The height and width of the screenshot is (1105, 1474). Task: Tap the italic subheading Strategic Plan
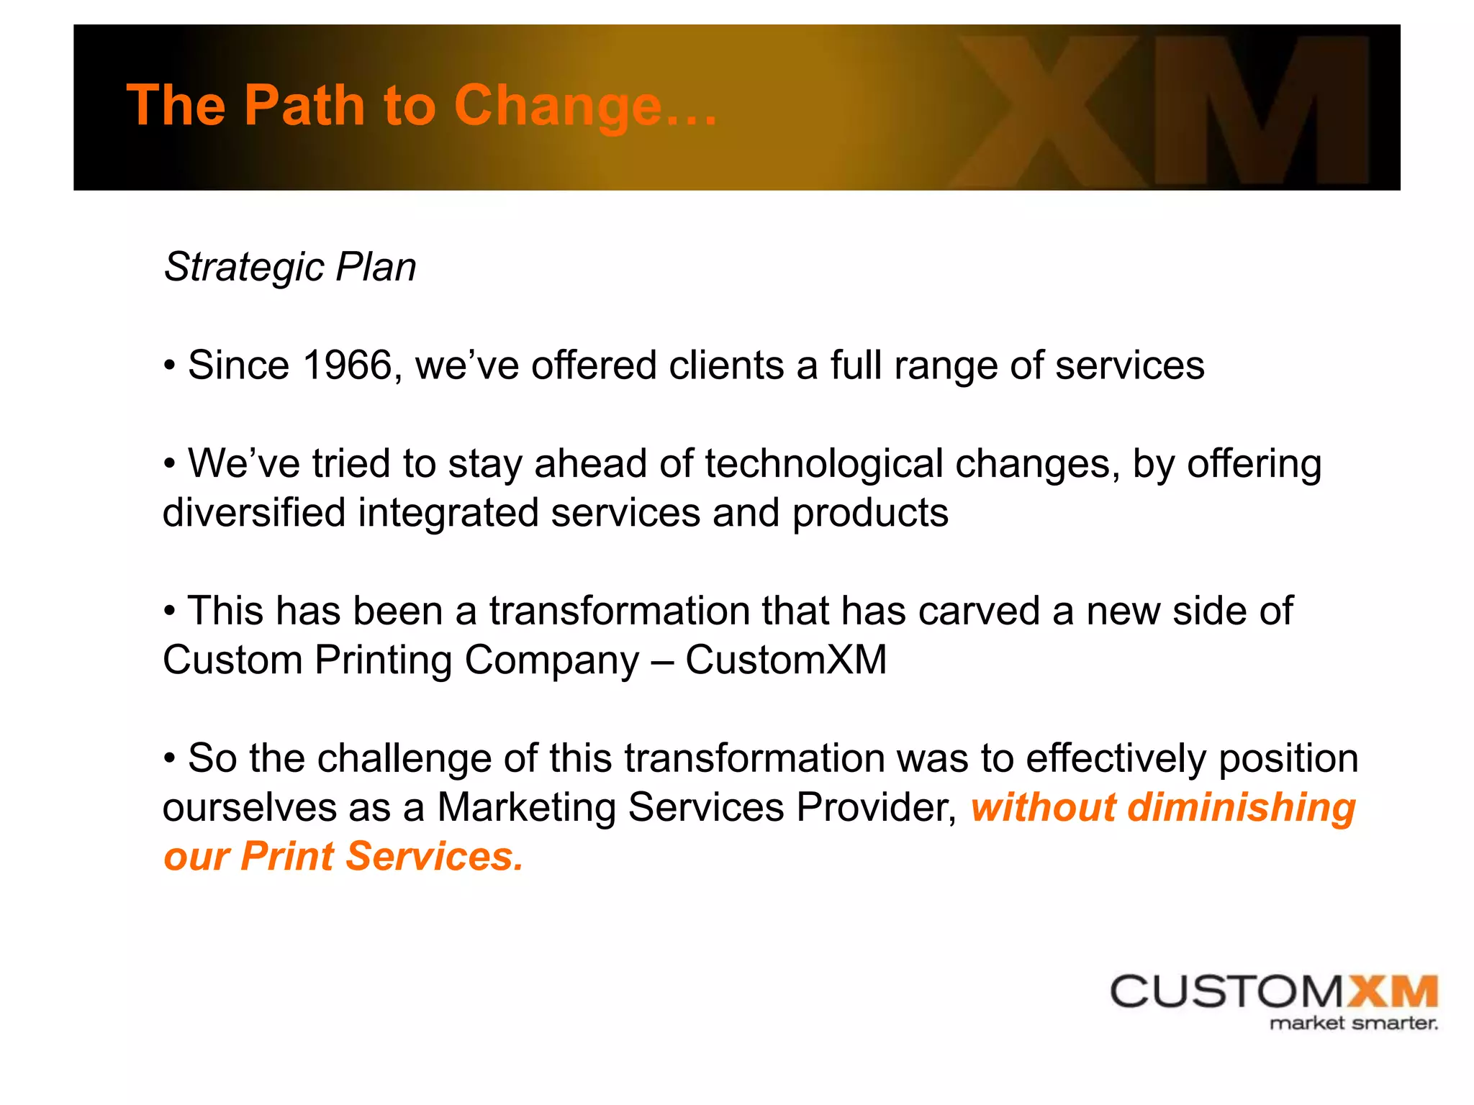(290, 267)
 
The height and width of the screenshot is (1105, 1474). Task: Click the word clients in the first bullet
(726, 365)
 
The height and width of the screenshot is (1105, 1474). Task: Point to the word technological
(823, 463)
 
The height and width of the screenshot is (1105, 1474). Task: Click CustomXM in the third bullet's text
(786, 660)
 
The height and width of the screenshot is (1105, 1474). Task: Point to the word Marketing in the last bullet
(526, 807)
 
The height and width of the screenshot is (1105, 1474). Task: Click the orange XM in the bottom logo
(1392, 992)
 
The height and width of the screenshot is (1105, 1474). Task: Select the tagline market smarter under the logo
(1353, 1023)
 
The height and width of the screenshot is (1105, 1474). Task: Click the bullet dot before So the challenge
(170, 759)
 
